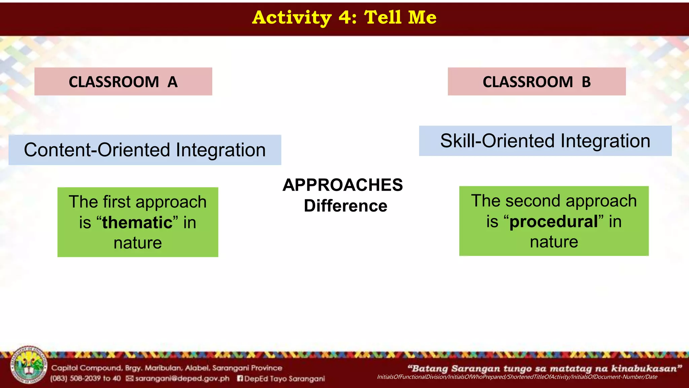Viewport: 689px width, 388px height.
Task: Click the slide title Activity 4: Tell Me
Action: (344, 18)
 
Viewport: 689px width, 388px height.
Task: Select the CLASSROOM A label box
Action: (123, 82)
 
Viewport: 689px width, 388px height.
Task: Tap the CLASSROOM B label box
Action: (537, 82)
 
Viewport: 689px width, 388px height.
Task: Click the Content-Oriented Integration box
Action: (145, 150)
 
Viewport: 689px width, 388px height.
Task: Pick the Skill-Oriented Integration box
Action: (545, 141)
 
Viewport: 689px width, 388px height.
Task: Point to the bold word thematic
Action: (137, 223)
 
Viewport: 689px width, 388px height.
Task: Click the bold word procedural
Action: (554, 222)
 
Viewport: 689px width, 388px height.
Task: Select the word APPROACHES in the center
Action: (342, 185)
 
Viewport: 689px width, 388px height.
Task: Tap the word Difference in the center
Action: (346, 206)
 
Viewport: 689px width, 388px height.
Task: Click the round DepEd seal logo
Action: (29, 365)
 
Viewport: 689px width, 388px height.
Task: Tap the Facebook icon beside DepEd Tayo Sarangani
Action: (240, 379)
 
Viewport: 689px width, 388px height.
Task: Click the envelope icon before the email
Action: (130, 379)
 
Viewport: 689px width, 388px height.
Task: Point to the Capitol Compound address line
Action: (167, 368)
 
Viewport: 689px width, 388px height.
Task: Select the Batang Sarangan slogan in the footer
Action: (545, 368)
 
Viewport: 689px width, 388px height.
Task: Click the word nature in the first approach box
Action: (138, 243)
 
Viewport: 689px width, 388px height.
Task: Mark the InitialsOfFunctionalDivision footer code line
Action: (517, 377)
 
